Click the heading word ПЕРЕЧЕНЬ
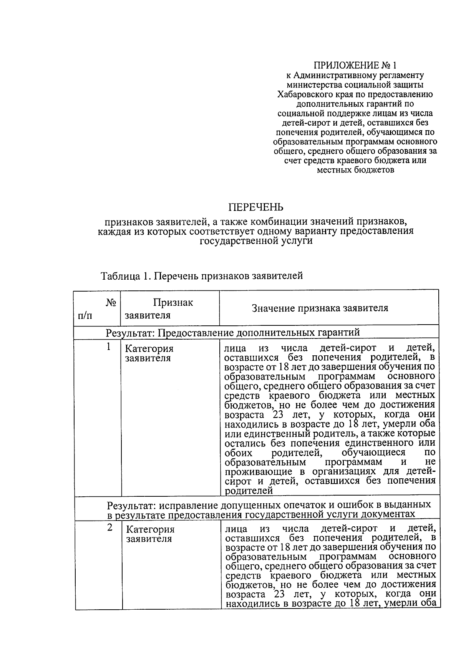pyautogui.click(x=256, y=207)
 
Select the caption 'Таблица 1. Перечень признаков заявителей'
pyautogui.click(x=201, y=275)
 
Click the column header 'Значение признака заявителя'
pyautogui.click(x=320, y=308)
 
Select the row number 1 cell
pyautogui.click(x=109, y=347)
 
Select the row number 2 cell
pyautogui.click(x=110, y=527)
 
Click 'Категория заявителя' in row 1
pyautogui.click(x=149, y=353)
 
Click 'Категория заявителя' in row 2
pyautogui.click(x=150, y=534)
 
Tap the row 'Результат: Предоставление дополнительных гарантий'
pyautogui.click(x=233, y=333)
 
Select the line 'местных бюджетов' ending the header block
pyautogui.click(x=355, y=170)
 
